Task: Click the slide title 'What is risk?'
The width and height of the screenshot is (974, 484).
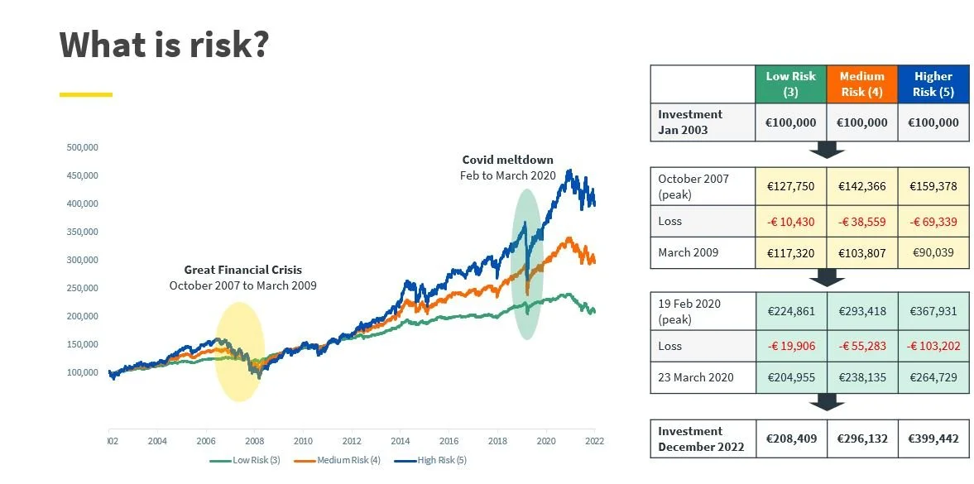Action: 164,45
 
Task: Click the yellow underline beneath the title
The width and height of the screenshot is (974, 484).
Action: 85,94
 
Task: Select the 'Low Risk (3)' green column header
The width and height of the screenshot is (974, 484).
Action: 790,84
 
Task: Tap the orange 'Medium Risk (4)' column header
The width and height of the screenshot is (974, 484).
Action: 861,84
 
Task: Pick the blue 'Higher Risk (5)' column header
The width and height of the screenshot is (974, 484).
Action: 933,84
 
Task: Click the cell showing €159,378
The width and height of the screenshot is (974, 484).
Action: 933,186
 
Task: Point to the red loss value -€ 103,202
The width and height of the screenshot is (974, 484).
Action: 933,346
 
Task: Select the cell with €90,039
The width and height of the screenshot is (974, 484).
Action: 933,252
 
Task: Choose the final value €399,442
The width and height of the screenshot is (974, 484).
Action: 933,438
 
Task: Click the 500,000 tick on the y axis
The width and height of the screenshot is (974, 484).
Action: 82,147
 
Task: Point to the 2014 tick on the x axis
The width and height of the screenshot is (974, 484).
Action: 401,441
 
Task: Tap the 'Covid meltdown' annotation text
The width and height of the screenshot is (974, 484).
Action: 507,160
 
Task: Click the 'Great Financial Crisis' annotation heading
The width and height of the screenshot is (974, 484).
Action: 242,270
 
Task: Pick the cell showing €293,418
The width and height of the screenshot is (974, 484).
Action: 861,313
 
